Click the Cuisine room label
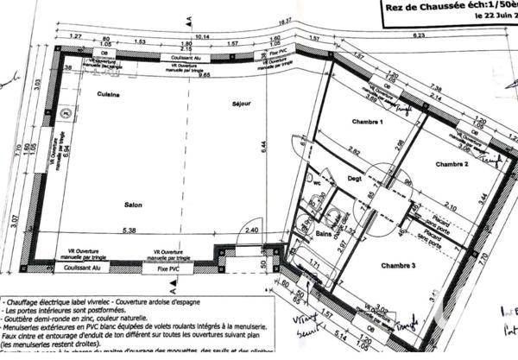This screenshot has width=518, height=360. (x=108, y=93)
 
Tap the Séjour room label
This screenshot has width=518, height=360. (x=241, y=104)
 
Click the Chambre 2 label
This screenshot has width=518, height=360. (x=451, y=163)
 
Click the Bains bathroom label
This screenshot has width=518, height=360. (x=324, y=234)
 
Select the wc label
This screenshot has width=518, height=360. (x=316, y=184)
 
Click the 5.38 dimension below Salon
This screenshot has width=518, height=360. (x=130, y=230)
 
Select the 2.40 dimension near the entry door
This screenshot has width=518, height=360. (x=251, y=231)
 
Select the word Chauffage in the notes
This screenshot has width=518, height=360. (x=25, y=301)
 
